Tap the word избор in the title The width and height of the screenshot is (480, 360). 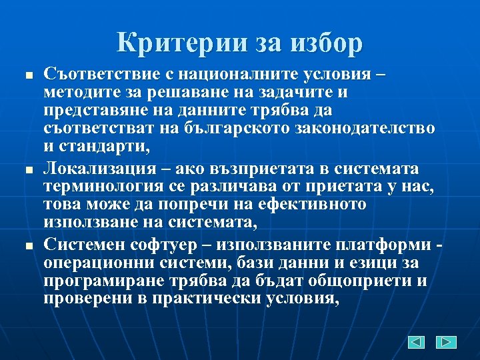pos(327,43)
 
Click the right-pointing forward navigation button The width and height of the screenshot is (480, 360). pos(446,342)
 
